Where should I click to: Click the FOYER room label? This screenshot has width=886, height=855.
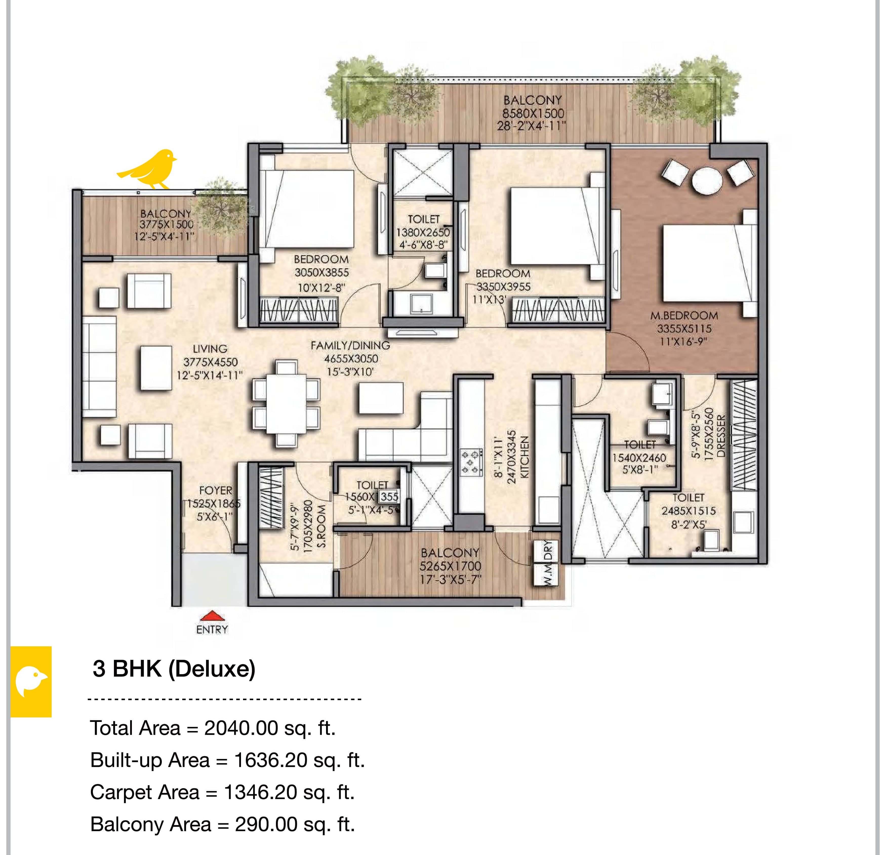(216, 490)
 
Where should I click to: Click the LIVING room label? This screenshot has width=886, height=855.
(210, 349)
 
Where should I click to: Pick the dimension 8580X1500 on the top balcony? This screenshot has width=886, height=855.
(533, 113)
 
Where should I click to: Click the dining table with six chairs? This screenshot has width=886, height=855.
(286, 404)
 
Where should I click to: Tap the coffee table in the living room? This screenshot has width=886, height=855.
(156, 368)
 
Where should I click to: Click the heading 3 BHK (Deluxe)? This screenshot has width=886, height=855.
(174, 669)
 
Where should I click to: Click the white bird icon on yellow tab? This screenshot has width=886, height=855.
(31, 681)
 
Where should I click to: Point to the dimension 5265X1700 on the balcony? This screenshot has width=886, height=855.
(451, 566)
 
